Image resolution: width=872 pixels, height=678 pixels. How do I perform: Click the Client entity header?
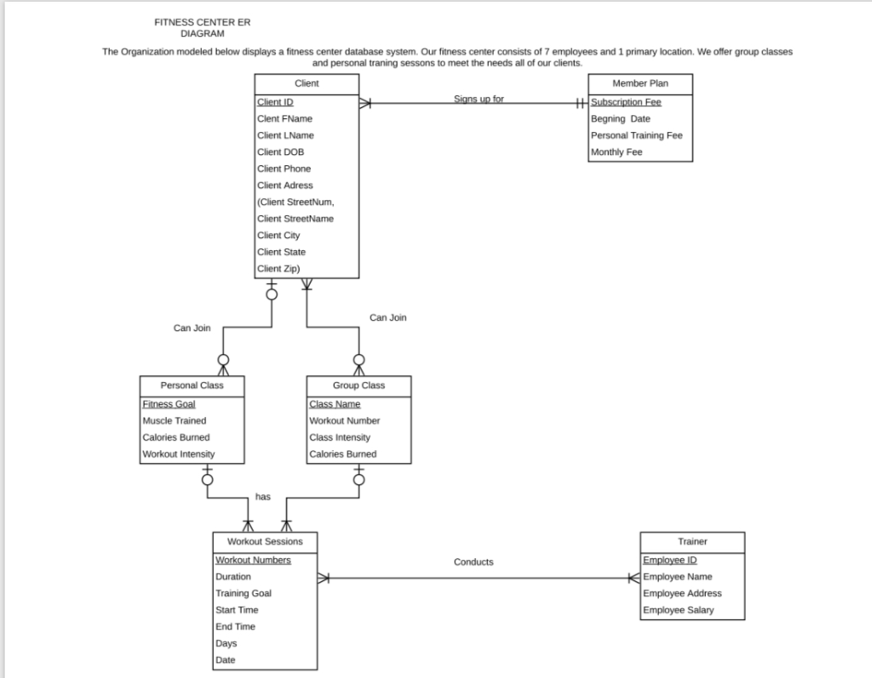coord(307,83)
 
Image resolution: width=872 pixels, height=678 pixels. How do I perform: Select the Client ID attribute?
coord(275,102)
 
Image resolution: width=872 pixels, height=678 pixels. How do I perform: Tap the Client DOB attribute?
coord(281,152)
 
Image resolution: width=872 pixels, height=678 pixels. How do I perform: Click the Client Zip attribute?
coord(278,269)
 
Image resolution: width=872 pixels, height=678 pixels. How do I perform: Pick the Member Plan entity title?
coord(640,83)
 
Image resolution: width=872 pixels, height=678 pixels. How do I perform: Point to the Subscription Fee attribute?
coord(626,102)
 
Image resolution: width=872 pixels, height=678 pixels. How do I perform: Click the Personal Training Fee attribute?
coord(637,135)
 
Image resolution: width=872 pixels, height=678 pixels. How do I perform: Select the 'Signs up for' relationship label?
coord(479,99)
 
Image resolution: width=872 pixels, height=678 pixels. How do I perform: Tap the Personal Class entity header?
coord(192,385)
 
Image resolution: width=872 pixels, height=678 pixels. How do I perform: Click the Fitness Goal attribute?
coord(169,404)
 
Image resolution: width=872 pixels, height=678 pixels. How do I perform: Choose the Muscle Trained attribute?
coord(175,420)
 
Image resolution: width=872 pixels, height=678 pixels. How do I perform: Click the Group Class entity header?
coord(359,385)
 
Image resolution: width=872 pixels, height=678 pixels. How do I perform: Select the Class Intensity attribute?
coord(340,437)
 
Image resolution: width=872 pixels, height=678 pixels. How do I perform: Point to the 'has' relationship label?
coord(263,497)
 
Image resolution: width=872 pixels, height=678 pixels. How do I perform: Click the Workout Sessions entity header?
coord(265,541)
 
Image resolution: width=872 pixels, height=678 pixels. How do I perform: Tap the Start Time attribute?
coord(237,610)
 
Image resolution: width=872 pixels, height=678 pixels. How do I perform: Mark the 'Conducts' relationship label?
coord(473,561)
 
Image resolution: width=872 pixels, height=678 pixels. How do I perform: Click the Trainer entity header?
coord(692,541)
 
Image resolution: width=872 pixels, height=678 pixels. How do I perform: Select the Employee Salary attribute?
coord(679,610)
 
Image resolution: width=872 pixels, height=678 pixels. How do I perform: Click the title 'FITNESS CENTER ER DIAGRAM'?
coord(203,27)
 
